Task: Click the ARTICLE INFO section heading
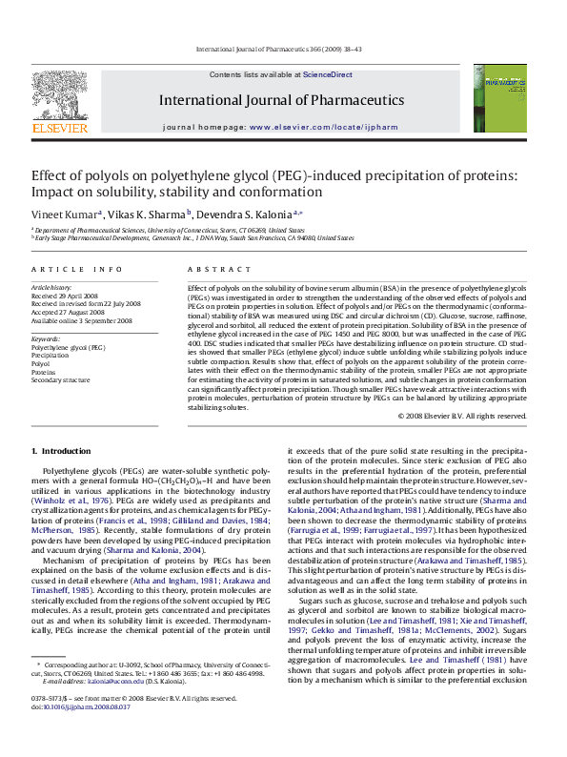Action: pos(77,270)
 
